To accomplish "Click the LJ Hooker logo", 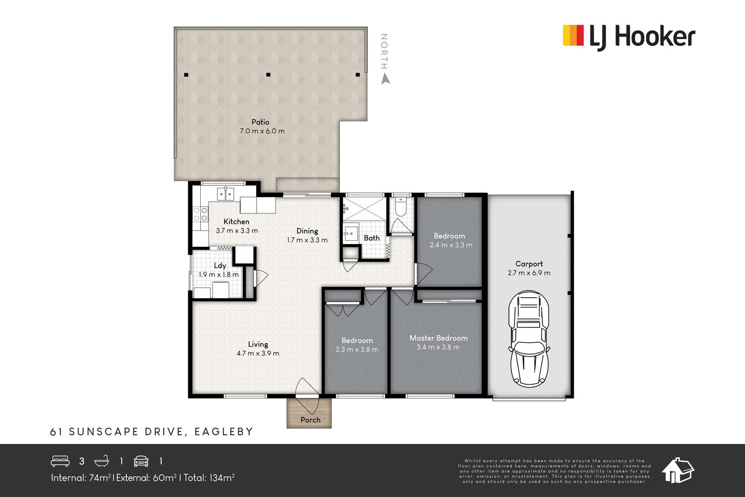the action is [629, 37].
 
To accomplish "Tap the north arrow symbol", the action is [386, 79].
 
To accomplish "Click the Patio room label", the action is [260, 122].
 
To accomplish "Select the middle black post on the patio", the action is [268, 75].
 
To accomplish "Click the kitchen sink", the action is [225, 194].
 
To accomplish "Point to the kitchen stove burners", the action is [200, 214].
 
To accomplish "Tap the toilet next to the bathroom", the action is [400, 207].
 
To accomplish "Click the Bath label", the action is [372, 238].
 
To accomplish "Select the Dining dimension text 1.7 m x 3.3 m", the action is [307, 240].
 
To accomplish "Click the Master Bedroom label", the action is [438, 338].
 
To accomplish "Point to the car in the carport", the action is [529, 339].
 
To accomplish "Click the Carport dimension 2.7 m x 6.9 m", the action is [529, 273].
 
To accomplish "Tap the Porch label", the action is [310, 420].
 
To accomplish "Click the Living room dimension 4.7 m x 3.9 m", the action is [258, 353].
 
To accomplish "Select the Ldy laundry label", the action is [220, 266].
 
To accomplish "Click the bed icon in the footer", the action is [60, 461].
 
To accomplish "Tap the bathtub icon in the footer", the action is [102, 461].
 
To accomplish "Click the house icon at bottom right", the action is [677, 470].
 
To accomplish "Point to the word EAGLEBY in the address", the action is [224, 431].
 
